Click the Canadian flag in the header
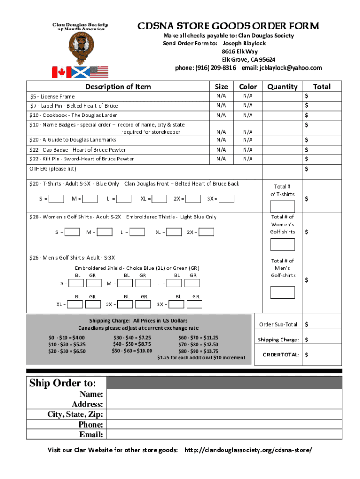[61, 72]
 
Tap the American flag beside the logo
[99, 72]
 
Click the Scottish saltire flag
[80, 72]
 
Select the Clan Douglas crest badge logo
[80, 49]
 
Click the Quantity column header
[282, 87]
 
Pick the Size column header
[221, 87]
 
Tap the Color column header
[248, 87]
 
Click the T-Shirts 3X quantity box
[226, 199]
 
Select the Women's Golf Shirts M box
[105, 232]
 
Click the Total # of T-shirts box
[282, 206]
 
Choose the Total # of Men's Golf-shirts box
[282, 292]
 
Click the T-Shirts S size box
[56, 199]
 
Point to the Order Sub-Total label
[279, 324]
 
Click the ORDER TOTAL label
[281, 355]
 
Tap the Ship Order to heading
[63, 383]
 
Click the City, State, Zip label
[75, 414]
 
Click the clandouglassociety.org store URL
[248, 450]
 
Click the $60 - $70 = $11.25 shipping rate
[198, 337]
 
